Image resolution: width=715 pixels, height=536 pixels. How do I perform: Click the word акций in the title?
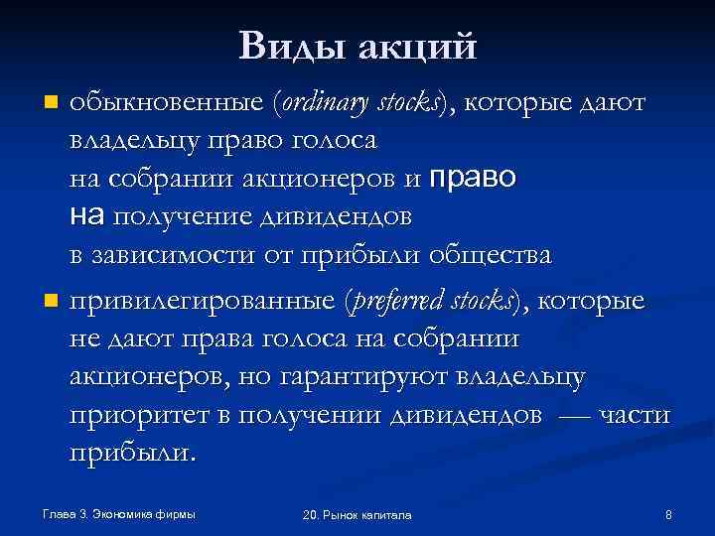click(417, 46)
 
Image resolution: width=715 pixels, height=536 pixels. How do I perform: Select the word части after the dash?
click(634, 415)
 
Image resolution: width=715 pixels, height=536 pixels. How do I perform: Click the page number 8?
click(668, 514)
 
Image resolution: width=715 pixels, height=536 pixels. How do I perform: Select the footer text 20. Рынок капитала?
click(357, 515)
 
